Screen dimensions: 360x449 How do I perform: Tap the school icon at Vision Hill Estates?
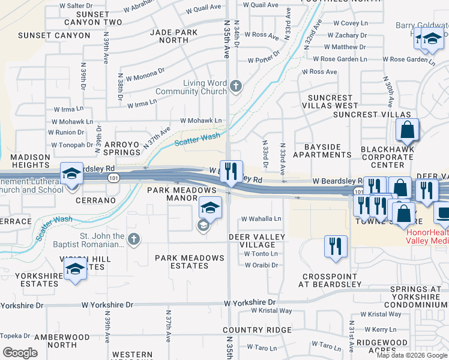(75, 269)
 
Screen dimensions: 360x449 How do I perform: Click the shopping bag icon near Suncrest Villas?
(407, 128)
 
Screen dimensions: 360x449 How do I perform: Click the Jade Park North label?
(169, 36)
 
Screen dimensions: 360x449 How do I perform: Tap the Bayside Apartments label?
(322, 151)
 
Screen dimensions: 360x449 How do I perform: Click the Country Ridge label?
(257, 330)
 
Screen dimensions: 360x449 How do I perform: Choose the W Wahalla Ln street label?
(261, 219)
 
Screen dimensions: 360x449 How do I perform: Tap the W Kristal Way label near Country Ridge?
(271, 311)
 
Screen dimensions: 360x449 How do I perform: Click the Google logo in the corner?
(20, 353)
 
